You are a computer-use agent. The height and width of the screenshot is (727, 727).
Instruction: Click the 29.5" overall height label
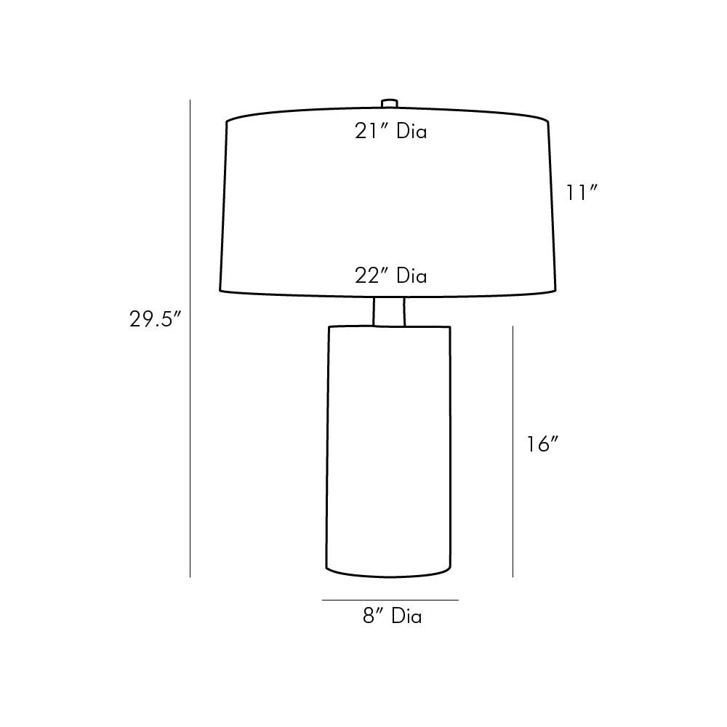(155, 319)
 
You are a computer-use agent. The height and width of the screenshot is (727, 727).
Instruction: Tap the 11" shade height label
(582, 193)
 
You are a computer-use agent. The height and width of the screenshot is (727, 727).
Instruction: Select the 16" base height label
(542, 444)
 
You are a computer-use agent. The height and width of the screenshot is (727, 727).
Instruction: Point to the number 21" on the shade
(371, 131)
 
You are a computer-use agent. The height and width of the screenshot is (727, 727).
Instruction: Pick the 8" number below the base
(373, 616)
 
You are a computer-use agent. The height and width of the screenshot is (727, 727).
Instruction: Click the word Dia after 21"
(411, 131)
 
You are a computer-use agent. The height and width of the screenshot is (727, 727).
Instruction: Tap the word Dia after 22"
(411, 276)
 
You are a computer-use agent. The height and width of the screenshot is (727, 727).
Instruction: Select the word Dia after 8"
(406, 616)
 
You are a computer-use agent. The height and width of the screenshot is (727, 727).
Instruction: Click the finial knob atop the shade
(390, 103)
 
